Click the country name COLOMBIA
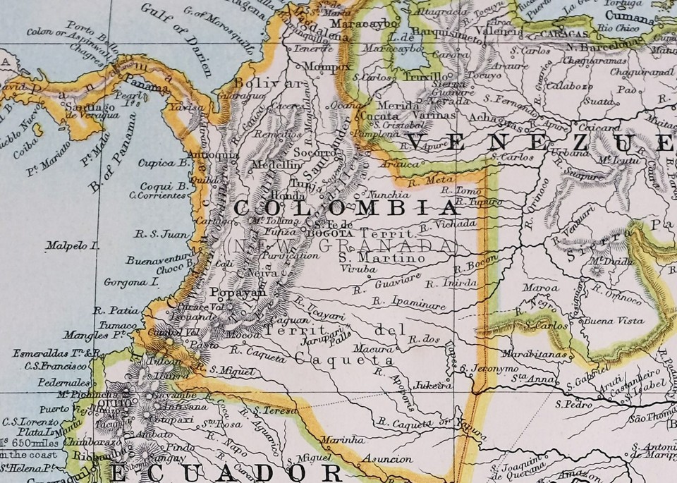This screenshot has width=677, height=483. tap(346, 208)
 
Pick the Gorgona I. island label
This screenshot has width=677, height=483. tap(129, 281)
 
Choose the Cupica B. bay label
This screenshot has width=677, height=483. tap(165, 162)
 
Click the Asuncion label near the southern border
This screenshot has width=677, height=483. tap(387, 459)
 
